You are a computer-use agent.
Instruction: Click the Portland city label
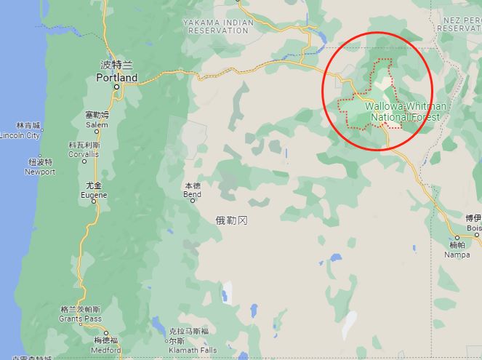coord(116,77)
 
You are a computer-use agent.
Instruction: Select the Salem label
coord(97,124)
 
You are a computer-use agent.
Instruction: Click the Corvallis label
coord(84,154)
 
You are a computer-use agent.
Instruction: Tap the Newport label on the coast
coord(40,172)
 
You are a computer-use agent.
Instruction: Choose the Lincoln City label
coord(20,135)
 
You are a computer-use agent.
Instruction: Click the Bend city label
coord(192,194)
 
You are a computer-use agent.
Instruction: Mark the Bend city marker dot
coord(193,201)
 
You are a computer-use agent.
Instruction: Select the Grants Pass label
coord(81,319)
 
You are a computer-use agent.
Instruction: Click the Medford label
coord(105,350)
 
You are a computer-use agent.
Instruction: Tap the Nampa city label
coord(457,255)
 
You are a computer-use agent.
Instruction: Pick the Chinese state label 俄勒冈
coord(232,220)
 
